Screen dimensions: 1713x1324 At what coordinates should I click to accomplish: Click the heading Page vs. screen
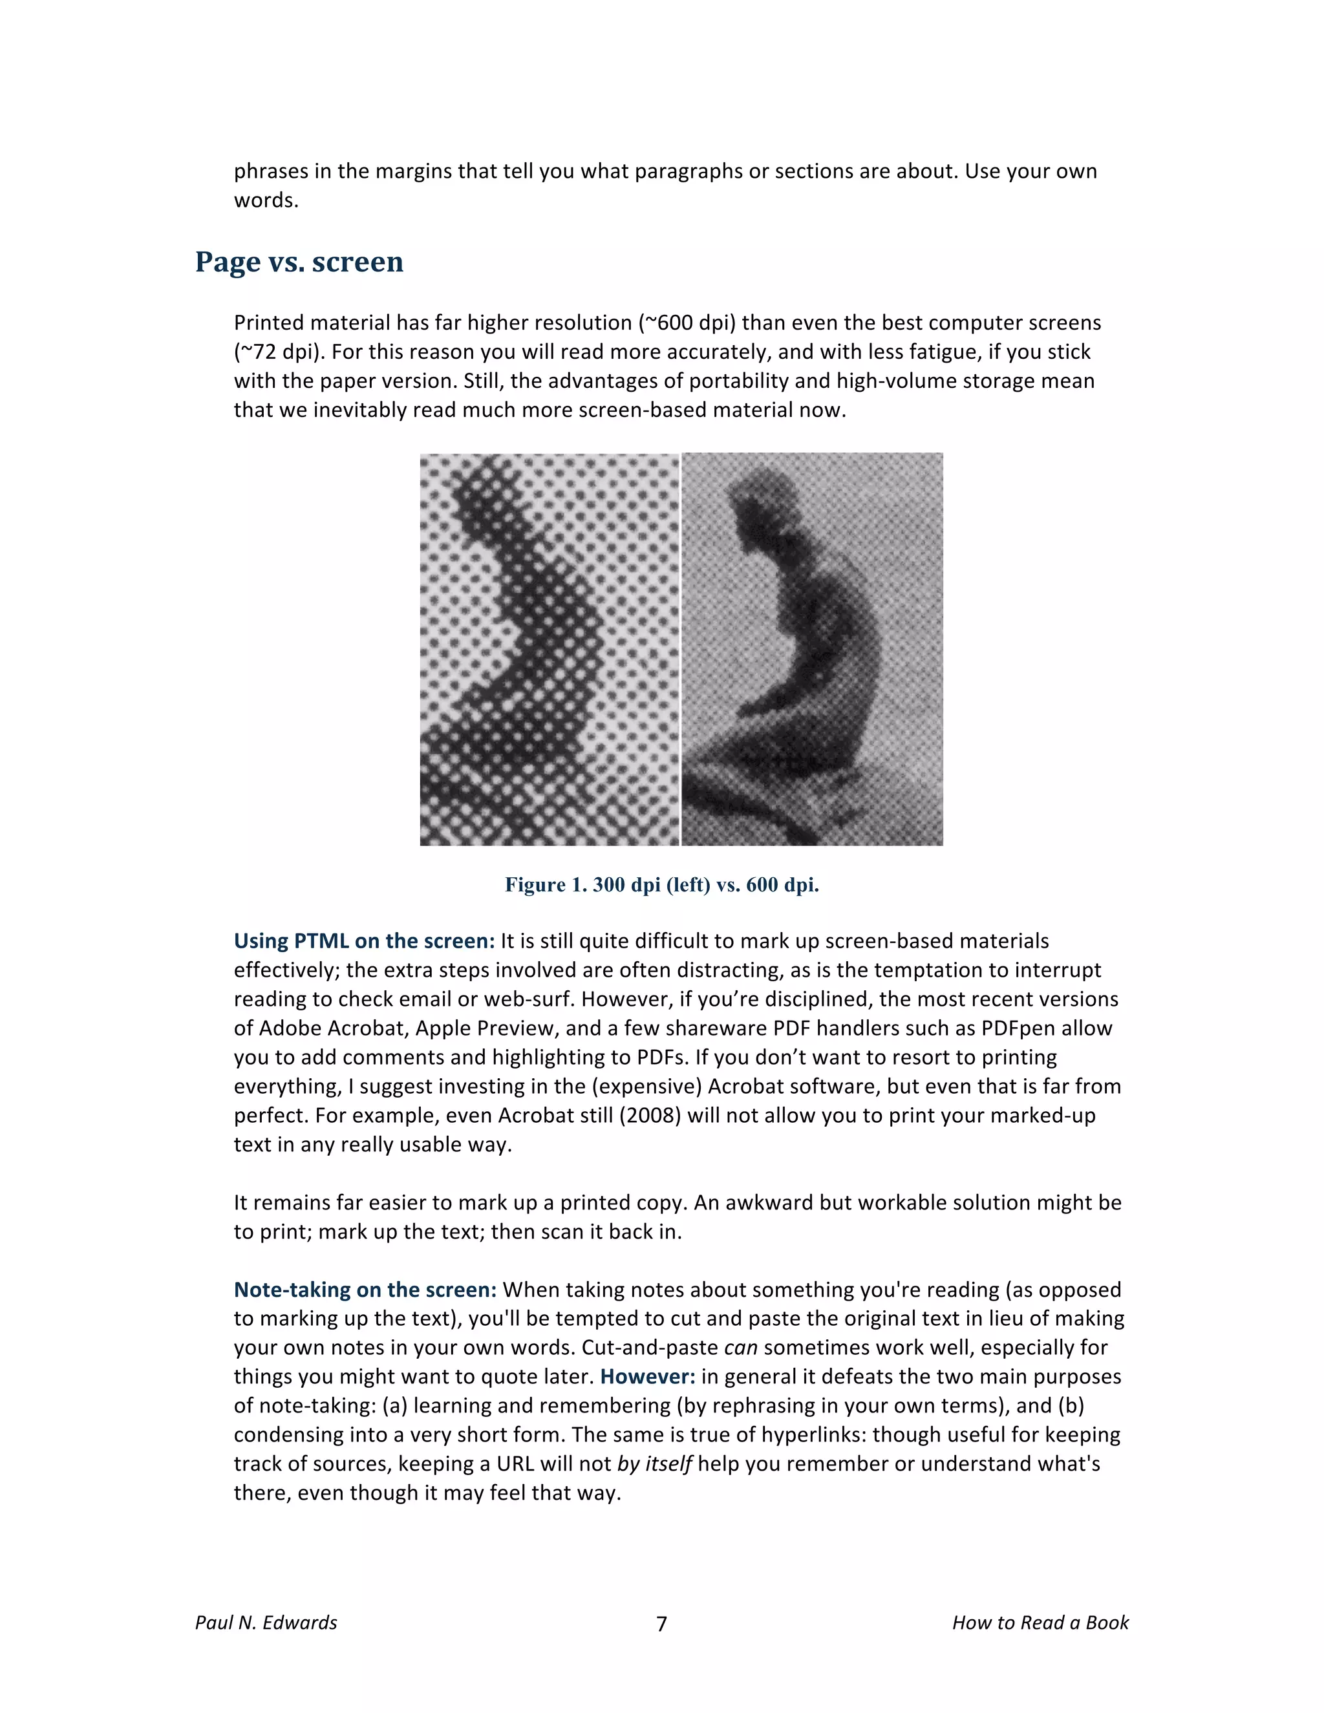pyautogui.click(x=299, y=262)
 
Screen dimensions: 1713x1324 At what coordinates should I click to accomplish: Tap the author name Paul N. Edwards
pyautogui.click(x=266, y=1622)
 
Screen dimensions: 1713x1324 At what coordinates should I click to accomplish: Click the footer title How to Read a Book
pyautogui.click(x=1040, y=1622)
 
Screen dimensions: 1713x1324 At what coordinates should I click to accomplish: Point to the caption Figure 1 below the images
pyautogui.click(x=661, y=885)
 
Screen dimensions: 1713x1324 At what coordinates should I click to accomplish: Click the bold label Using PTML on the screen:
pyautogui.click(x=364, y=941)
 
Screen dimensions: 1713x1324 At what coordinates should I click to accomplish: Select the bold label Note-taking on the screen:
pyautogui.click(x=365, y=1290)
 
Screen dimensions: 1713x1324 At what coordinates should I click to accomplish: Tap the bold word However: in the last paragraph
pyautogui.click(x=648, y=1376)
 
